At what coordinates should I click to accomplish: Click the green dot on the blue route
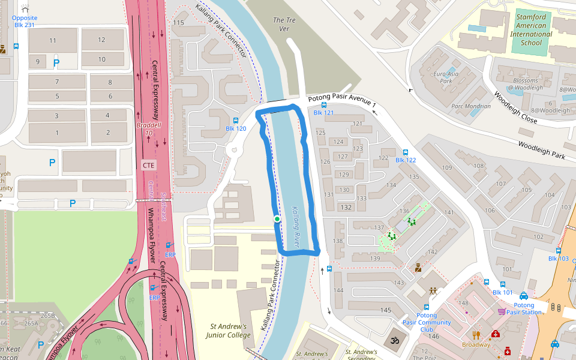tap(277, 219)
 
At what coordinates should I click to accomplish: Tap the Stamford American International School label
tap(531, 30)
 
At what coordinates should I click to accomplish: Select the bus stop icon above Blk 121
tap(324, 104)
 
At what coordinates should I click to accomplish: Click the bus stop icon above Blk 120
tap(236, 121)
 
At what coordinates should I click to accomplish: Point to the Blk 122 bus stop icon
tap(406, 152)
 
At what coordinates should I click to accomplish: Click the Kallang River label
tap(295, 227)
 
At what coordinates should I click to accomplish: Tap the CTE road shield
tap(148, 164)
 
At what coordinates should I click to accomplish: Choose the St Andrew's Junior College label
tap(229, 331)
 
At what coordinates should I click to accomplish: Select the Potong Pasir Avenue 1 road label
tap(342, 101)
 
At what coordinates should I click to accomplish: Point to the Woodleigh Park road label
tap(541, 151)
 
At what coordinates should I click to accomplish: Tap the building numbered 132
tap(346, 207)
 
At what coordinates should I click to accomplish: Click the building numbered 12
tap(101, 40)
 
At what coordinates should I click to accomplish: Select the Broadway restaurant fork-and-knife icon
tap(476, 335)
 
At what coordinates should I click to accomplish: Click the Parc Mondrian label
tap(470, 106)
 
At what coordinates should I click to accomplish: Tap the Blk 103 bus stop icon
tap(559, 251)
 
